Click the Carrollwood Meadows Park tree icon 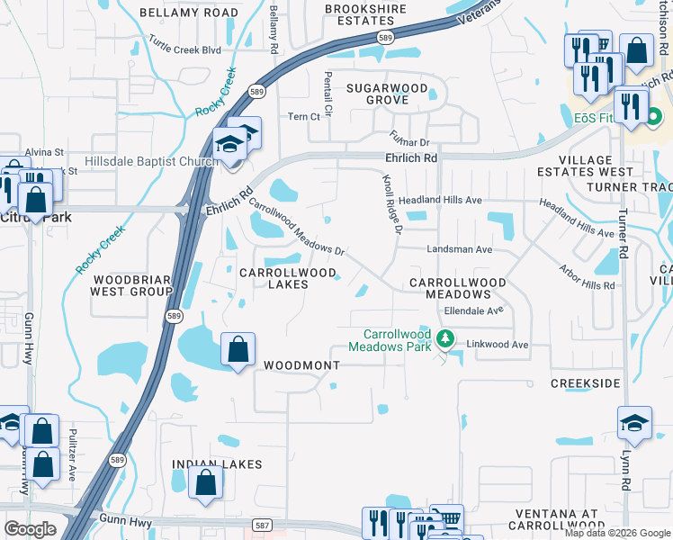(444, 339)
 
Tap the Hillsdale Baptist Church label (151, 162)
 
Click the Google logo (31, 528)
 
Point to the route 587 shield (262, 525)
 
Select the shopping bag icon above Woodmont (238, 349)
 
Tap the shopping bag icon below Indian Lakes (206, 481)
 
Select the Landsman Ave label (458, 249)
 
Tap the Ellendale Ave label (472, 310)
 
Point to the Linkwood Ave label (496, 345)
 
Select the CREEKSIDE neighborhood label (585, 383)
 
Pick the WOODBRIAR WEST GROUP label (132, 285)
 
